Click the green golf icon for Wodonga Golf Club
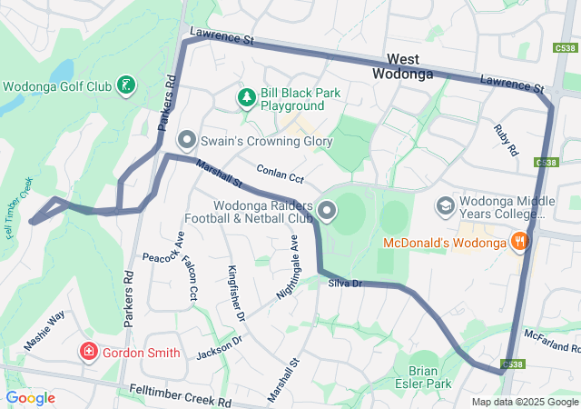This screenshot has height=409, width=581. (x=127, y=87)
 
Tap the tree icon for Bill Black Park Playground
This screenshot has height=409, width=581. (x=245, y=96)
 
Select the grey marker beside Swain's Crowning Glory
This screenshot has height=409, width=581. (x=187, y=139)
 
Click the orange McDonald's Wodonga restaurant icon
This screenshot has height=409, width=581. (x=519, y=242)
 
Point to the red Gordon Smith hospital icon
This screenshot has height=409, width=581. (x=89, y=352)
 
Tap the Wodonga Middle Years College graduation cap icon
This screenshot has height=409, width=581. (x=445, y=206)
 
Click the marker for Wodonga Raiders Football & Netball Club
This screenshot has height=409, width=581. (x=326, y=213)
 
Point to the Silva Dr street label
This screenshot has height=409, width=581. (x=345, y=284)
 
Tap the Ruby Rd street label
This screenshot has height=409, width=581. (x=504, y=139)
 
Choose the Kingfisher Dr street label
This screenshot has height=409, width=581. (x=236, y=293)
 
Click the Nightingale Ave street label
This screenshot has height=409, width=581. (x=287, y=270)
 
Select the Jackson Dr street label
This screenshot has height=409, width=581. (x=220, y=346)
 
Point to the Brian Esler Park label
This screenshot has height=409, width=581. (x=429, y=377)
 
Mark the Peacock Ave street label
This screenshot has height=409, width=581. (x=162, y=259)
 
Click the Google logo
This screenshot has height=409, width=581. (x=30, y=398)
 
